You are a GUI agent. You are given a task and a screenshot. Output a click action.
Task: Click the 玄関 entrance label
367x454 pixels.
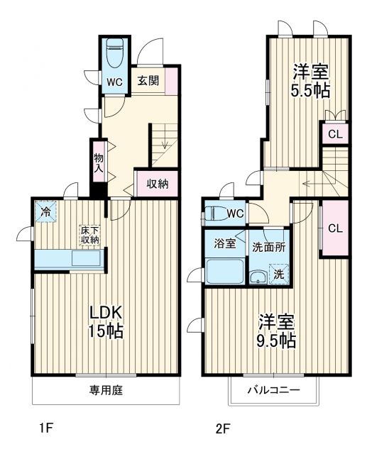[x=148, y=80]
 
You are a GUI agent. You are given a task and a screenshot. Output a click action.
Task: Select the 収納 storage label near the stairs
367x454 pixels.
[x=158, y=184]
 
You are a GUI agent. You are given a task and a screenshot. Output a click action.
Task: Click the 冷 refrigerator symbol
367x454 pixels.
[x=46, y=211]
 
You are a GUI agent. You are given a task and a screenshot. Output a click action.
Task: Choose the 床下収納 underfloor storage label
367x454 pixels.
[x=89, y=235]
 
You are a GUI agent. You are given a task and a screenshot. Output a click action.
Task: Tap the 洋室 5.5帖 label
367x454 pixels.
[x=310, y=81]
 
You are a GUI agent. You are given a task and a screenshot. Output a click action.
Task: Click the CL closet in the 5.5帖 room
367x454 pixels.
[x=336, y=133]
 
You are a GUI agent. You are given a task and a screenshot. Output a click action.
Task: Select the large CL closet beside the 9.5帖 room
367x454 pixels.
[x=336, y=228]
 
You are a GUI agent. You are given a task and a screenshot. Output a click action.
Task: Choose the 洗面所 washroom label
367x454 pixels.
[x=269, y=248]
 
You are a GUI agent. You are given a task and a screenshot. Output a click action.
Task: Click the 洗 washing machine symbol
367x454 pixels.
[x=279, y=273]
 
